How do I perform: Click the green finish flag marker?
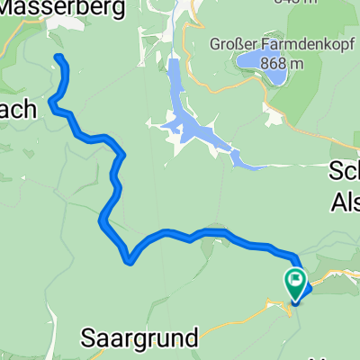[x=295, y=282]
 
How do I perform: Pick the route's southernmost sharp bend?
[x=131, y=261]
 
